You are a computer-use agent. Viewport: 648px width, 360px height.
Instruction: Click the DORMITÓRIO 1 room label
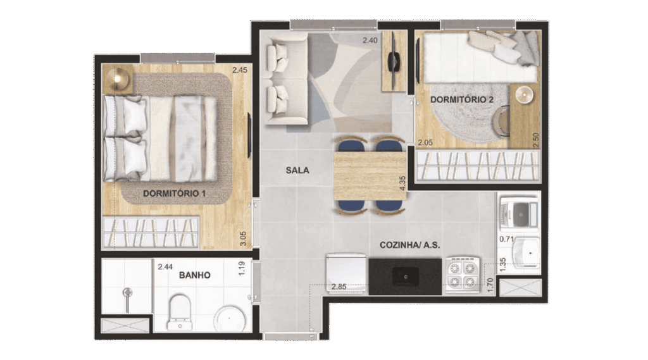point(174,194)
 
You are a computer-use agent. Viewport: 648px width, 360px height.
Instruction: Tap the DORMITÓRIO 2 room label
point(461,99)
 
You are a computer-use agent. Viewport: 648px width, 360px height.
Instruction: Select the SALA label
point(297,170)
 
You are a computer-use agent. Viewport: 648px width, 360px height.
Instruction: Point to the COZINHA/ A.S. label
point(409,245)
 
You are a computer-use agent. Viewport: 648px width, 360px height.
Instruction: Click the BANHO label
point(195,275)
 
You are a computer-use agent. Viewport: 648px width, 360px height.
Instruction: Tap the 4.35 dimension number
point(402,183)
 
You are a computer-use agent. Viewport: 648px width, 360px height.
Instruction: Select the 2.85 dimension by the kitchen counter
point(339,287)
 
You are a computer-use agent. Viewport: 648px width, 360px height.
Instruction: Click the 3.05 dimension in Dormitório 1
point(244,239)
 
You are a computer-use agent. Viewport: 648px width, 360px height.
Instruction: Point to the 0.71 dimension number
point(506,239)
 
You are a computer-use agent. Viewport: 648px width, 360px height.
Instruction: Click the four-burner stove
point(462,275)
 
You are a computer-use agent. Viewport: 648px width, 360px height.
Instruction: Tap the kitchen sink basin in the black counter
point(405,276)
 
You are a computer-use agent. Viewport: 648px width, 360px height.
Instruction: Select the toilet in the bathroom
point(180,312)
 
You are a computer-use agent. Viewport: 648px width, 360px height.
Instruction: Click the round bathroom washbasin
point(229,319)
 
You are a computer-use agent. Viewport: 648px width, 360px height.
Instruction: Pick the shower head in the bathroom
point(128,293)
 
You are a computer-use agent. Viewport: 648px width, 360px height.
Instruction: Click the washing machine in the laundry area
point(520,213)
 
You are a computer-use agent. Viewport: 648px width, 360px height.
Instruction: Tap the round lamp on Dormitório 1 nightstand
point(117,78)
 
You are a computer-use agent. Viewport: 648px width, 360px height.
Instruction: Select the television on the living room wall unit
point(393,61)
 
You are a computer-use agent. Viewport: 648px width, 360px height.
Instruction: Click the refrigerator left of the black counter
point(346,273)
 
